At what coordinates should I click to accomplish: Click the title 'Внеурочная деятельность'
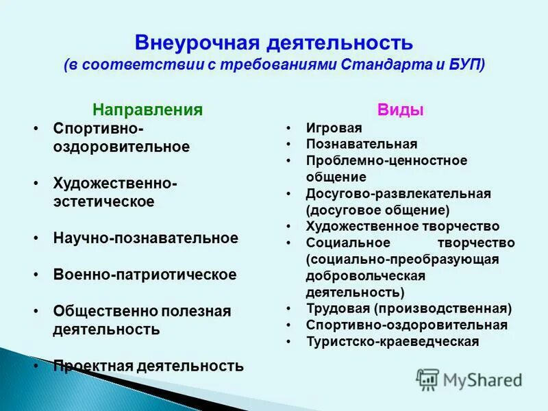coord(274,42)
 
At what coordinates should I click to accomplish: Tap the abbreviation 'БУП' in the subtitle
coord(468,65)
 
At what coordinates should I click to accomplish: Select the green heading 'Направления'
coord(148,110)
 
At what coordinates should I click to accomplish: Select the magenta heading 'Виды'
coord(401,110)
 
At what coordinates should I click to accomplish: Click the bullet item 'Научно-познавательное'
coord(146,238)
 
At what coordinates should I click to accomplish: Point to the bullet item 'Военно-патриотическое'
coord(145,275)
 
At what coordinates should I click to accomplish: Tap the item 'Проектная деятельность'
coord(148,366)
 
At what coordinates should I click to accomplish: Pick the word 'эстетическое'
coord(103,202)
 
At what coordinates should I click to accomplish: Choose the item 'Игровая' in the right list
coord(334,128)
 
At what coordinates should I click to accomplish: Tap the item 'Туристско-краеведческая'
coord(393,341)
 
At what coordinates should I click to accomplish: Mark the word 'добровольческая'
coord(366,275)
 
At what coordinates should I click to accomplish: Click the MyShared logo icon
coord(428,379)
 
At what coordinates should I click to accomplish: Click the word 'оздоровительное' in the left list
coord(121,147)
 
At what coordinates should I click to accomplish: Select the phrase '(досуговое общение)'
coord(378,210)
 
